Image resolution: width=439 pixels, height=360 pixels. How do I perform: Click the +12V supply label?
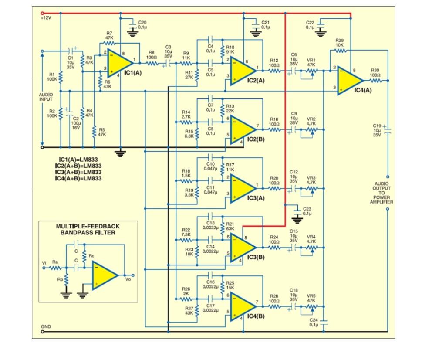point(46,18)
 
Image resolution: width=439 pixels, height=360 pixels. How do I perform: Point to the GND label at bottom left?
point(46,326)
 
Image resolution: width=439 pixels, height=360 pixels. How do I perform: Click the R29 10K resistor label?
point(340,42)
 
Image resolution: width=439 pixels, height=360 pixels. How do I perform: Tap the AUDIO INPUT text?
point(46,96)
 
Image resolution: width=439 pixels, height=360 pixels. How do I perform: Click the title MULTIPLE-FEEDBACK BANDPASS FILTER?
point(88,230)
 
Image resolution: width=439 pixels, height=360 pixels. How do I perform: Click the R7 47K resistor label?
point(109,36)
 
